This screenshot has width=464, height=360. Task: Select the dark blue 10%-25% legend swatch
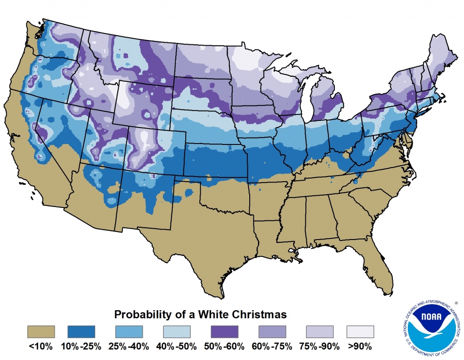82,332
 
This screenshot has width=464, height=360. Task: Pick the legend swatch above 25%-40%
129,332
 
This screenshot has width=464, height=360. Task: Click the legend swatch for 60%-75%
272,332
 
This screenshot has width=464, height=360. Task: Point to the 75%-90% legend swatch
319,332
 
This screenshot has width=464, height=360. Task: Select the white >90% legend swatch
360,332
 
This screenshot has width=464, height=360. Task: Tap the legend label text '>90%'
360,347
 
